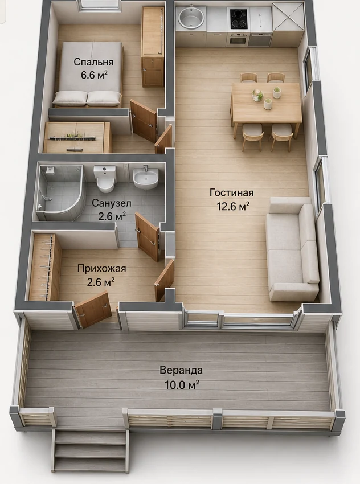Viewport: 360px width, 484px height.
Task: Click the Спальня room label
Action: (x=93, y=62)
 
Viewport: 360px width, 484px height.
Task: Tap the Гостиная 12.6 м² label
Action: (x=232, y=199)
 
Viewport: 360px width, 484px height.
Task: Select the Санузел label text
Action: (x=112, y=203)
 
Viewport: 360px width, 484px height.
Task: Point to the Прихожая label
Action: (x=101, y=269)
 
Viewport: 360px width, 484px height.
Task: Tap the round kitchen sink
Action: (x=190, y=17)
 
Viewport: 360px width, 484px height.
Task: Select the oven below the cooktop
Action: (x=239, y=39)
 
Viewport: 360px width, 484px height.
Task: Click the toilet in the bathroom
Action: (x=105, y=178)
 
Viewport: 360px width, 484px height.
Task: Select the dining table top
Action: (x=266, y=102)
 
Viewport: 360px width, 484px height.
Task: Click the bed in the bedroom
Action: (x=88, y=75)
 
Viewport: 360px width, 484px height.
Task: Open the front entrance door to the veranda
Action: (x=93, y=310)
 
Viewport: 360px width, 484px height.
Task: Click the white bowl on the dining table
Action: (x=257, y=95)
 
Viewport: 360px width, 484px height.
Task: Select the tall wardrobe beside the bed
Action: (x=153, y=46)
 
